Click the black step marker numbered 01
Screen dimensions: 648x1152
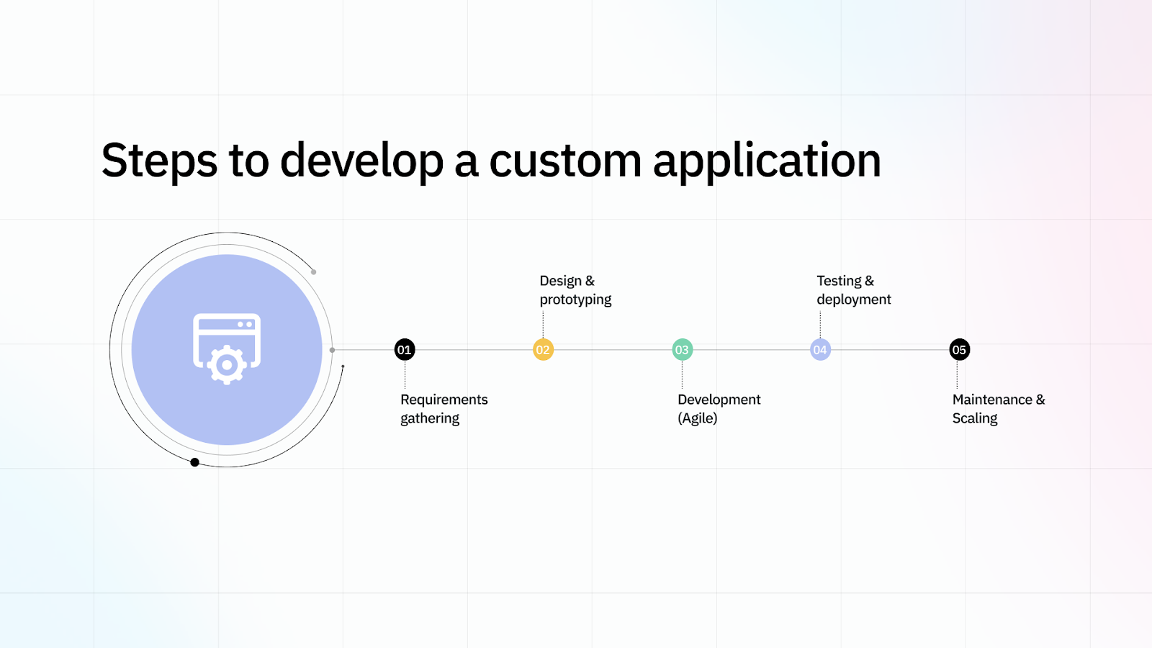pos(405,350)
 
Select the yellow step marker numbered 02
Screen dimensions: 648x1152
pos(543,350)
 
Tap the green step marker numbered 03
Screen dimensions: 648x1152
pos(682,350)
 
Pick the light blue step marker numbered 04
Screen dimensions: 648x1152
pos(820,350)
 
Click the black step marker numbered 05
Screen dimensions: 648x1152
pos(959,350)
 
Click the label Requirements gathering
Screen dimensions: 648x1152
pos(444,409)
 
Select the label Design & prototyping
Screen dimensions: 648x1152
pos(575,290)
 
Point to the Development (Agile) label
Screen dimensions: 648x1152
pos(718,409)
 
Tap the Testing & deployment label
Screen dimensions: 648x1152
pos(853,290)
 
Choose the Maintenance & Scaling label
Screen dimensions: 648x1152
pos(998,409)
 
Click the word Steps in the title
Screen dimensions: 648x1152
pos(159,161)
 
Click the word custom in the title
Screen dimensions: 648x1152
pos(565,161)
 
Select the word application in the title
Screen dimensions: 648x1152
pos(767,161)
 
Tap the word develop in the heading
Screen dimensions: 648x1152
pos(361,161)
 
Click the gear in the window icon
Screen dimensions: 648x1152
pos(227,365)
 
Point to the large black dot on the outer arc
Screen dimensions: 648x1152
pos(194,462)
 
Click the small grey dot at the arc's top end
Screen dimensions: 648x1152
pos(313,272)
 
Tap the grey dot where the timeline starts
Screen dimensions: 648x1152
pos(332,350)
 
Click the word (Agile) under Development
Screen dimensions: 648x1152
pos(697,418)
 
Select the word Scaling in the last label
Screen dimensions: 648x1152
pos(974,418)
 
